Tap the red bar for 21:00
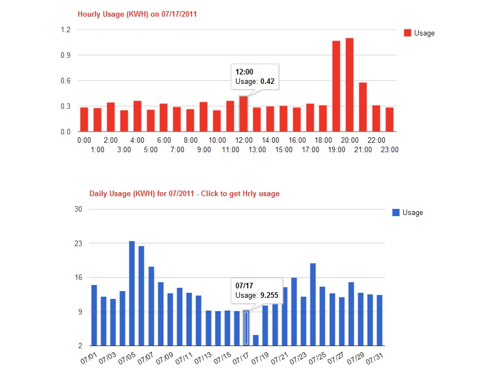[x=363, y=107]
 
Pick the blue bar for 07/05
[x=132, y=293]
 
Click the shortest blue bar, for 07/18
[x=255, y=340]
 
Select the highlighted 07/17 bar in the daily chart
[x=246, y=328]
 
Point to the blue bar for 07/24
[x=313, y=304]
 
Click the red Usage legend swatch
[x=407, y=33]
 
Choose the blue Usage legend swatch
[x=395, y=212]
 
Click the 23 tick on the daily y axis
[x=78, y=243]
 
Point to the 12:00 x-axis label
[x=244, y=141]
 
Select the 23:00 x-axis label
[x=390, y=149]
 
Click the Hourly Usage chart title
[x=137, y=14]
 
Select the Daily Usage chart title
[x=184, y=194]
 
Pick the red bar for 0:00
[x=84, y=119]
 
